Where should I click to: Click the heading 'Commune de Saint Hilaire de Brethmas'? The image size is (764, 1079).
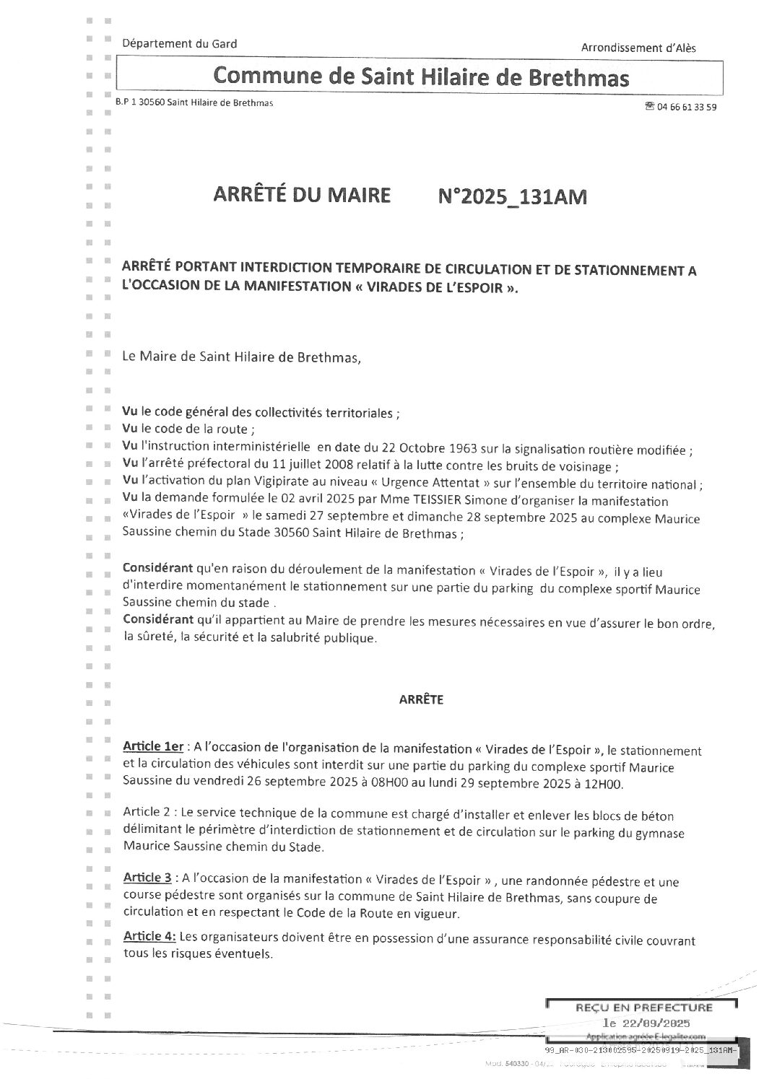[422, 77]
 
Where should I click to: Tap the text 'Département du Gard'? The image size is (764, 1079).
[180, 44]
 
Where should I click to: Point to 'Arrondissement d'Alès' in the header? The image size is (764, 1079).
[638, 48]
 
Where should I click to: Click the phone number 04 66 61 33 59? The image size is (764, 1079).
[687, 107]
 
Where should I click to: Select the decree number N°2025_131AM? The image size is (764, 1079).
[513, 196]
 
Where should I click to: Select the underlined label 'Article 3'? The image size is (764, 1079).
[147, 878]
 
